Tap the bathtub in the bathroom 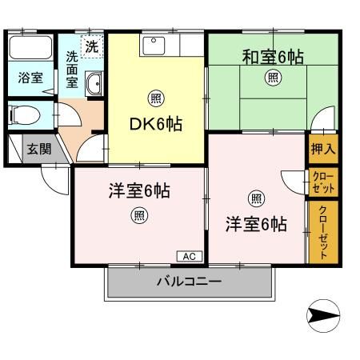(x=30, y=50)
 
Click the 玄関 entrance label (x=37, y=149)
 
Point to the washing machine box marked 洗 (x=91, y=46)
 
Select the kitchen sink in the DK (x=153, y=46)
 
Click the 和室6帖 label (x=273, y=57)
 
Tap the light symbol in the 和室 (x=273, y=78)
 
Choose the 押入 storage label (x=322, y=149)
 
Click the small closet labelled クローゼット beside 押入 (x=322, y=182)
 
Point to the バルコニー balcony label (x=189, y=282)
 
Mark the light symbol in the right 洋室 (x=255, y=198)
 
